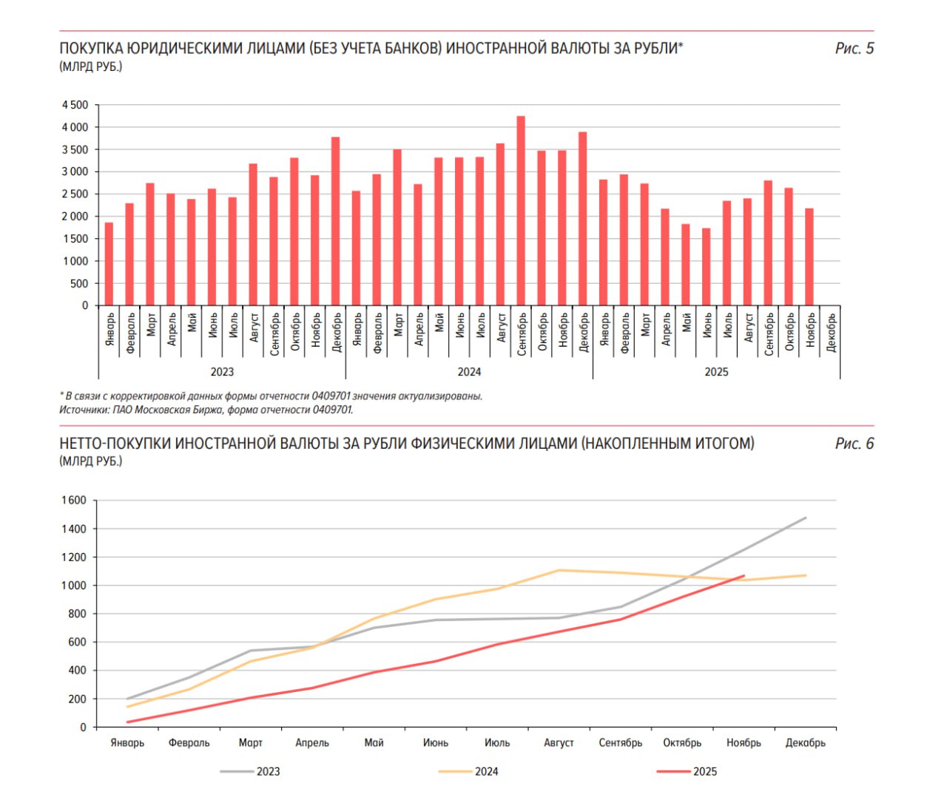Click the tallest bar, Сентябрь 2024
[x=521, y=211]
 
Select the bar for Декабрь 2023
[x=335, y=221]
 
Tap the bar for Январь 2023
[x=109, y=264]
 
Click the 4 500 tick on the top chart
[x=75, y=105]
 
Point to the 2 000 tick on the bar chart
[x=75, y=217]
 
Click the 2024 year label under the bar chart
[x=469, y=372]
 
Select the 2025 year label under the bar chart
[x=716, y=372]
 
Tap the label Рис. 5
[x=854, y=49]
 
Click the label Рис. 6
[x=854, y=444]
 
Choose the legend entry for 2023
[x=252, y=772]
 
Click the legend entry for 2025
[x=688, y=772]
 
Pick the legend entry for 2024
[x=470, y=772]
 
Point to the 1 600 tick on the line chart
[x=73, y=501]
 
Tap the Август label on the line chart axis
[x=559, y=743]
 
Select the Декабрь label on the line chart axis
[x=805, y=743]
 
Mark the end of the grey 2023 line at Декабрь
[x=805, y=518]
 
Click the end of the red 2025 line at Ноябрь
[x=744, y=576]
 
